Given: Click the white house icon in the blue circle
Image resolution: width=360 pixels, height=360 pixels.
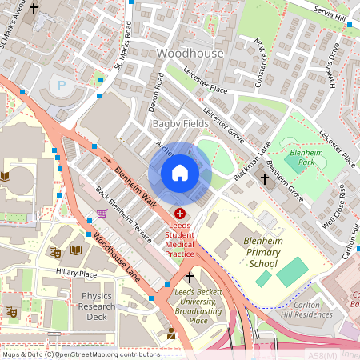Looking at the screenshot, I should (x=180, y=173).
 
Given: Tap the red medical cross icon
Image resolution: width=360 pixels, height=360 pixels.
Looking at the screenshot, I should (x=179, y=214).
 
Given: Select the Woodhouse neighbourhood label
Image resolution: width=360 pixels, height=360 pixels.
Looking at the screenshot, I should (x=190, y=53).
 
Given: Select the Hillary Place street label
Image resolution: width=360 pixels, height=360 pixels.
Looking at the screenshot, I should (x=76, y=273).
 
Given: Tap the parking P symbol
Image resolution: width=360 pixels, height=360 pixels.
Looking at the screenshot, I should (x=60, y=84).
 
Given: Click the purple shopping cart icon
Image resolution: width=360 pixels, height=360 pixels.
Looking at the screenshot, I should (x=102, y=214).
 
